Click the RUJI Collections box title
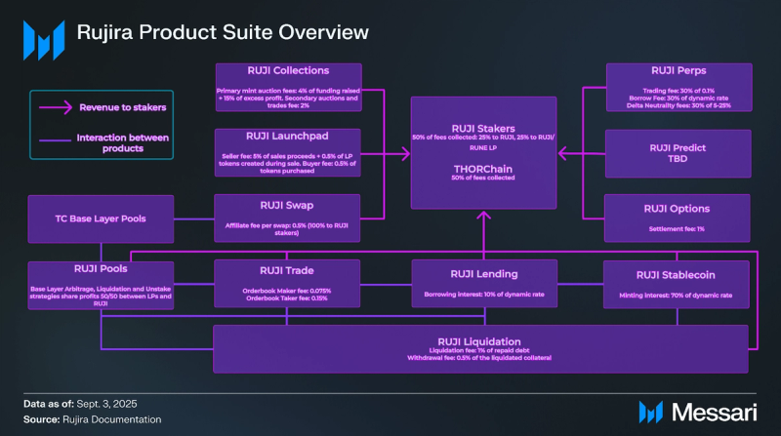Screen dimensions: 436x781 [288, 70]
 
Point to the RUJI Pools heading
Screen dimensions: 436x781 [101, 269]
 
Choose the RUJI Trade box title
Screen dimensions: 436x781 [288, 273]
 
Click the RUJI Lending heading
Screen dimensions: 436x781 [484, 274]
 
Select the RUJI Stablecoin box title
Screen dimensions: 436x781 [679, 274]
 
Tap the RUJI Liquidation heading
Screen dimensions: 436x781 [483, 341]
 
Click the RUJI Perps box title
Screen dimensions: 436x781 [679, 71]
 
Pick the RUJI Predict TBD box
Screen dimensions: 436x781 [679, 152]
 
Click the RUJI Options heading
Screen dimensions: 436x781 [679, 209]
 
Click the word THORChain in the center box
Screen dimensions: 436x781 [484, 168]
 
